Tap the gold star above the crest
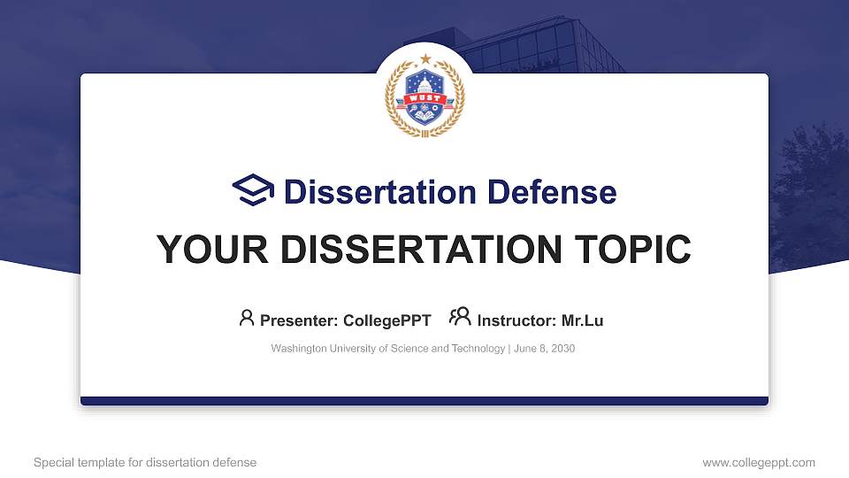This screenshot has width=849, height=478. (425, 58)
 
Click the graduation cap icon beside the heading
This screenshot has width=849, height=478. (253, 190)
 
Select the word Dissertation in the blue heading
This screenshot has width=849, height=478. (371, 191)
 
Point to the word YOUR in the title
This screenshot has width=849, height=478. (205, 251)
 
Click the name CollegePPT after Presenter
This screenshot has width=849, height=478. (387, 320)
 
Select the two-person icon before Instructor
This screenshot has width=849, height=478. (459, 317)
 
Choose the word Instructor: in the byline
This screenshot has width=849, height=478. (516, 320)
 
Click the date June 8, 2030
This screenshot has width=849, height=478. (544, 349)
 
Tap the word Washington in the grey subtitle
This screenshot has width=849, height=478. (300, 349)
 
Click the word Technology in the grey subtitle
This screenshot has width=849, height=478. (478, 349)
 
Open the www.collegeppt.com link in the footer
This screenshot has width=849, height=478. (758, 462)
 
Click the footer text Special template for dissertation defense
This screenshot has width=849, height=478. (145, 462)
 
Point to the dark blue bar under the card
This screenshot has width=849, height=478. (424, 401)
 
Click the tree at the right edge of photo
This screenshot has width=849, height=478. (808, 195)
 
